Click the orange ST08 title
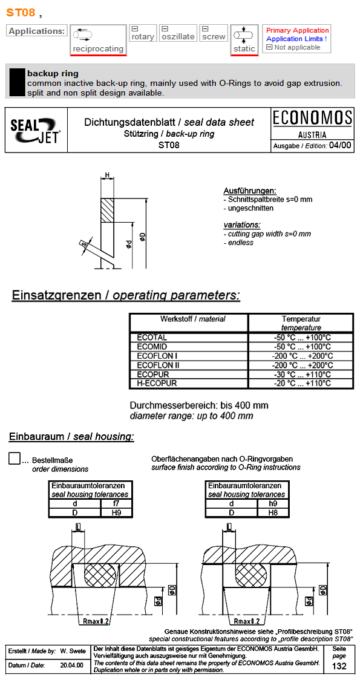[21, 12]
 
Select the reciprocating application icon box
[98, 40]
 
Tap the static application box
[244, 40]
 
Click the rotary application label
[143, 36]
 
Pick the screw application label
[214, 36]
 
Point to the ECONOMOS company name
[312, 118]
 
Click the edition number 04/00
[340, 146]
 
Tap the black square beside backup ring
[16, 83]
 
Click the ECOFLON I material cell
[157, 356]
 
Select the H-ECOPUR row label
[157, 383]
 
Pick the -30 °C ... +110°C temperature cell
[301, 374]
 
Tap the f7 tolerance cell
[115, 503]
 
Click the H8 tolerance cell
[272, 512]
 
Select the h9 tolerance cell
[272, 503]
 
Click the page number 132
[339, 666]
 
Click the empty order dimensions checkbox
[15, 458]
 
